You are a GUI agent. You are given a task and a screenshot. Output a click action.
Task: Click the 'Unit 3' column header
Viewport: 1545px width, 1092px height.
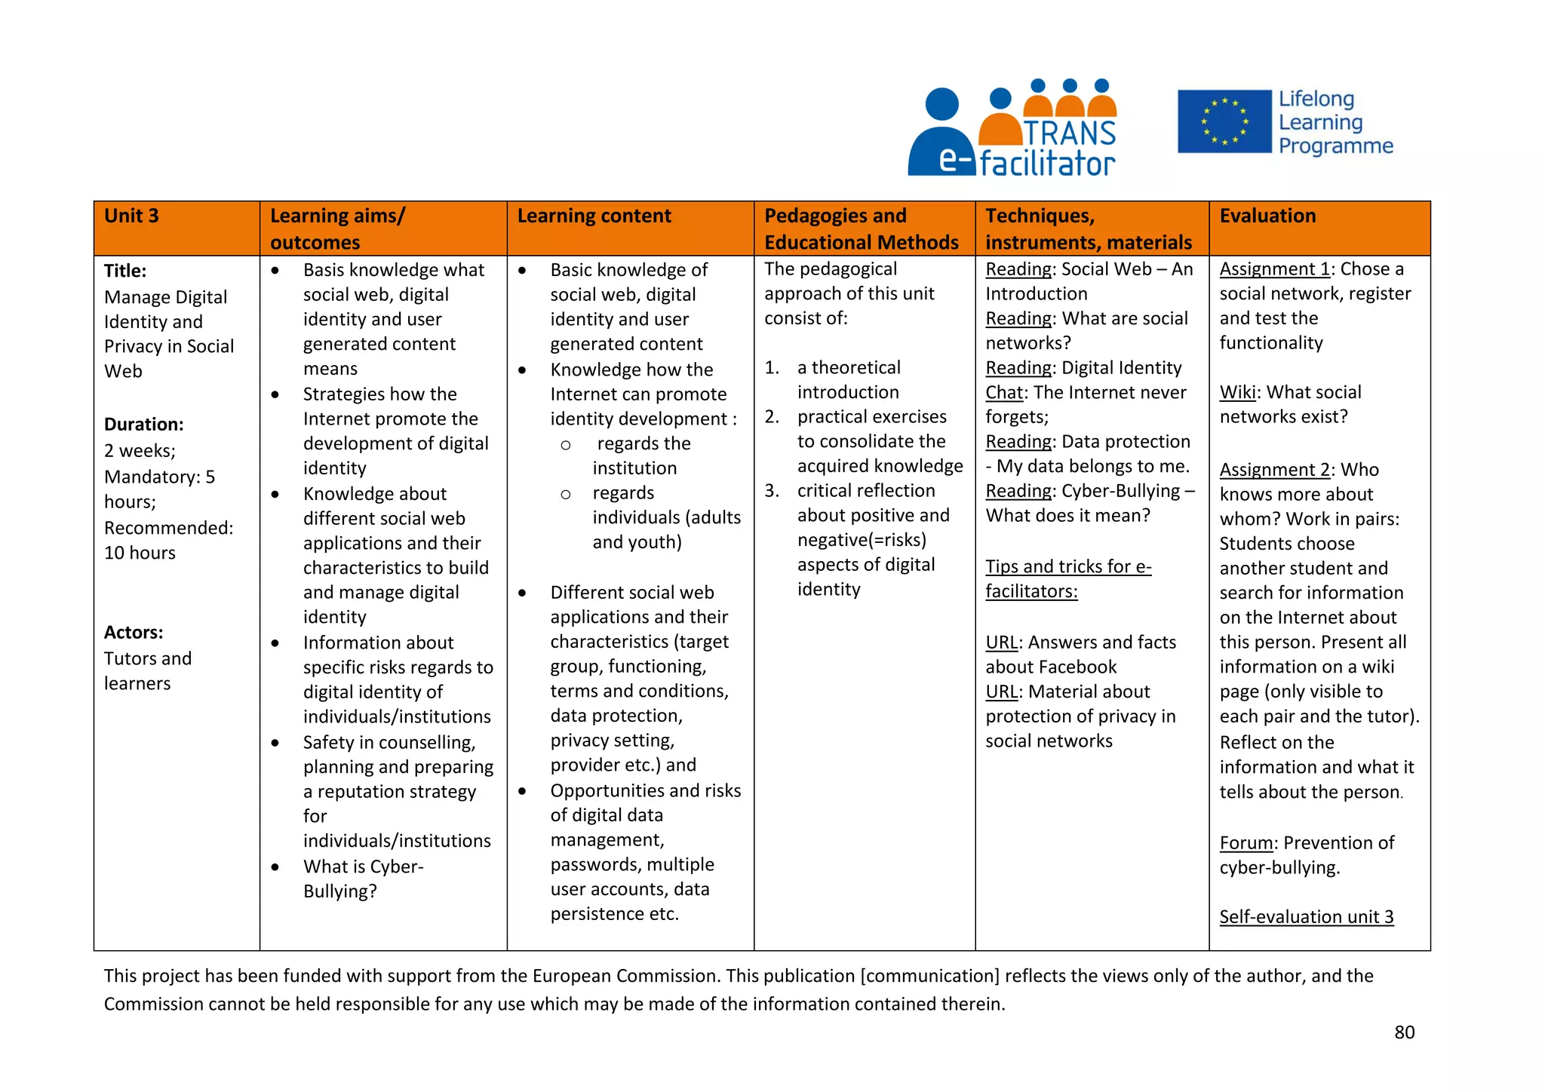point(131,216)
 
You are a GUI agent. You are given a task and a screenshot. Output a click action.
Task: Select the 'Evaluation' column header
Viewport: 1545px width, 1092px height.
point(1267,216)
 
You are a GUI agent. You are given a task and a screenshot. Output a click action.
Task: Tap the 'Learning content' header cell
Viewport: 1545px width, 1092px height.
point(594,216)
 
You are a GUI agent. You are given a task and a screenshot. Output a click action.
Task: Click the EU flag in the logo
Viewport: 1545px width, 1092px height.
point(1224,121)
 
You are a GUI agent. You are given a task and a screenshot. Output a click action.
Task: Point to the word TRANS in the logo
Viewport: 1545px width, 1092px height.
point(1069,133)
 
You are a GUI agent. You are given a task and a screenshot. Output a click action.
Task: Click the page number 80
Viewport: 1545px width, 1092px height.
point(1404,1032)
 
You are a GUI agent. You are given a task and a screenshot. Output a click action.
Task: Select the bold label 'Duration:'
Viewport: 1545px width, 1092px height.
point(143,424)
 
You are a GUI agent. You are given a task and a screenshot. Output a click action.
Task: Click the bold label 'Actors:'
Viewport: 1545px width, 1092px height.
point(134,632)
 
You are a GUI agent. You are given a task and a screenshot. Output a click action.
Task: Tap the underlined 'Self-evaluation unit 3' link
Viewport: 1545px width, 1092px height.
point(1306,917)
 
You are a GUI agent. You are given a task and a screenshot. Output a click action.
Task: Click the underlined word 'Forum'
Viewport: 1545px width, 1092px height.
point(1246,843)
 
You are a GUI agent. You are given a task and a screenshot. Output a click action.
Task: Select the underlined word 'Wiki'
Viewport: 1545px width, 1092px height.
point(1237,392)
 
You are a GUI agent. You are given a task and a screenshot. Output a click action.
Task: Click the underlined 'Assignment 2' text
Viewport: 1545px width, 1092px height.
point(1274,470)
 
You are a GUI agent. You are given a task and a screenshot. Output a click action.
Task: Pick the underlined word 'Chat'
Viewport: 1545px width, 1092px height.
point(1004,393)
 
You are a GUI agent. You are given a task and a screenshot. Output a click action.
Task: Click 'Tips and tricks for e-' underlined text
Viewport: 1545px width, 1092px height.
point(1067,566)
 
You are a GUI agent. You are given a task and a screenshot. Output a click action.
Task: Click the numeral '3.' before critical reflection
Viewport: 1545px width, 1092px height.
point(771,491)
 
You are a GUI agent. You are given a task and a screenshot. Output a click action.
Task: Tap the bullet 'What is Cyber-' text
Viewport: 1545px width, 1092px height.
point(363,867)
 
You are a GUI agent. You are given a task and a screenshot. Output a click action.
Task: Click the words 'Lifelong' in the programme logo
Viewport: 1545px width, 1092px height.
point(1316,99)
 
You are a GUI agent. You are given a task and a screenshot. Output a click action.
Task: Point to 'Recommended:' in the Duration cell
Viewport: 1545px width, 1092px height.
point(168,528)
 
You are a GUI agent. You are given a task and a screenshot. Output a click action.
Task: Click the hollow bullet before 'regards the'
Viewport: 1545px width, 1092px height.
point(566,445)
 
